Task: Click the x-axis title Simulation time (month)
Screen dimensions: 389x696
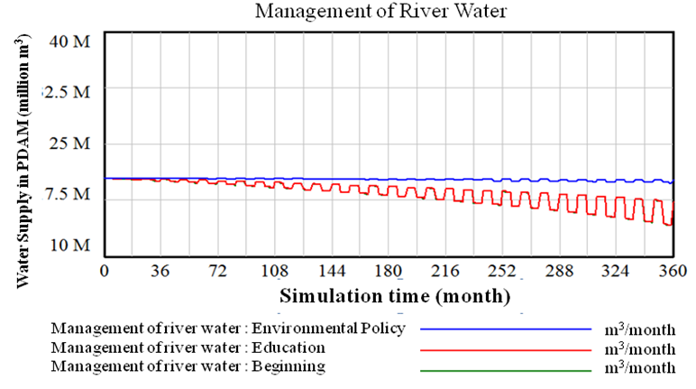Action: [x=395, y=296]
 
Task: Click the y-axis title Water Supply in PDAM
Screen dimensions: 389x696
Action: [x=23, y=161]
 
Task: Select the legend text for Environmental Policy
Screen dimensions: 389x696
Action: [x=228, y=328]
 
